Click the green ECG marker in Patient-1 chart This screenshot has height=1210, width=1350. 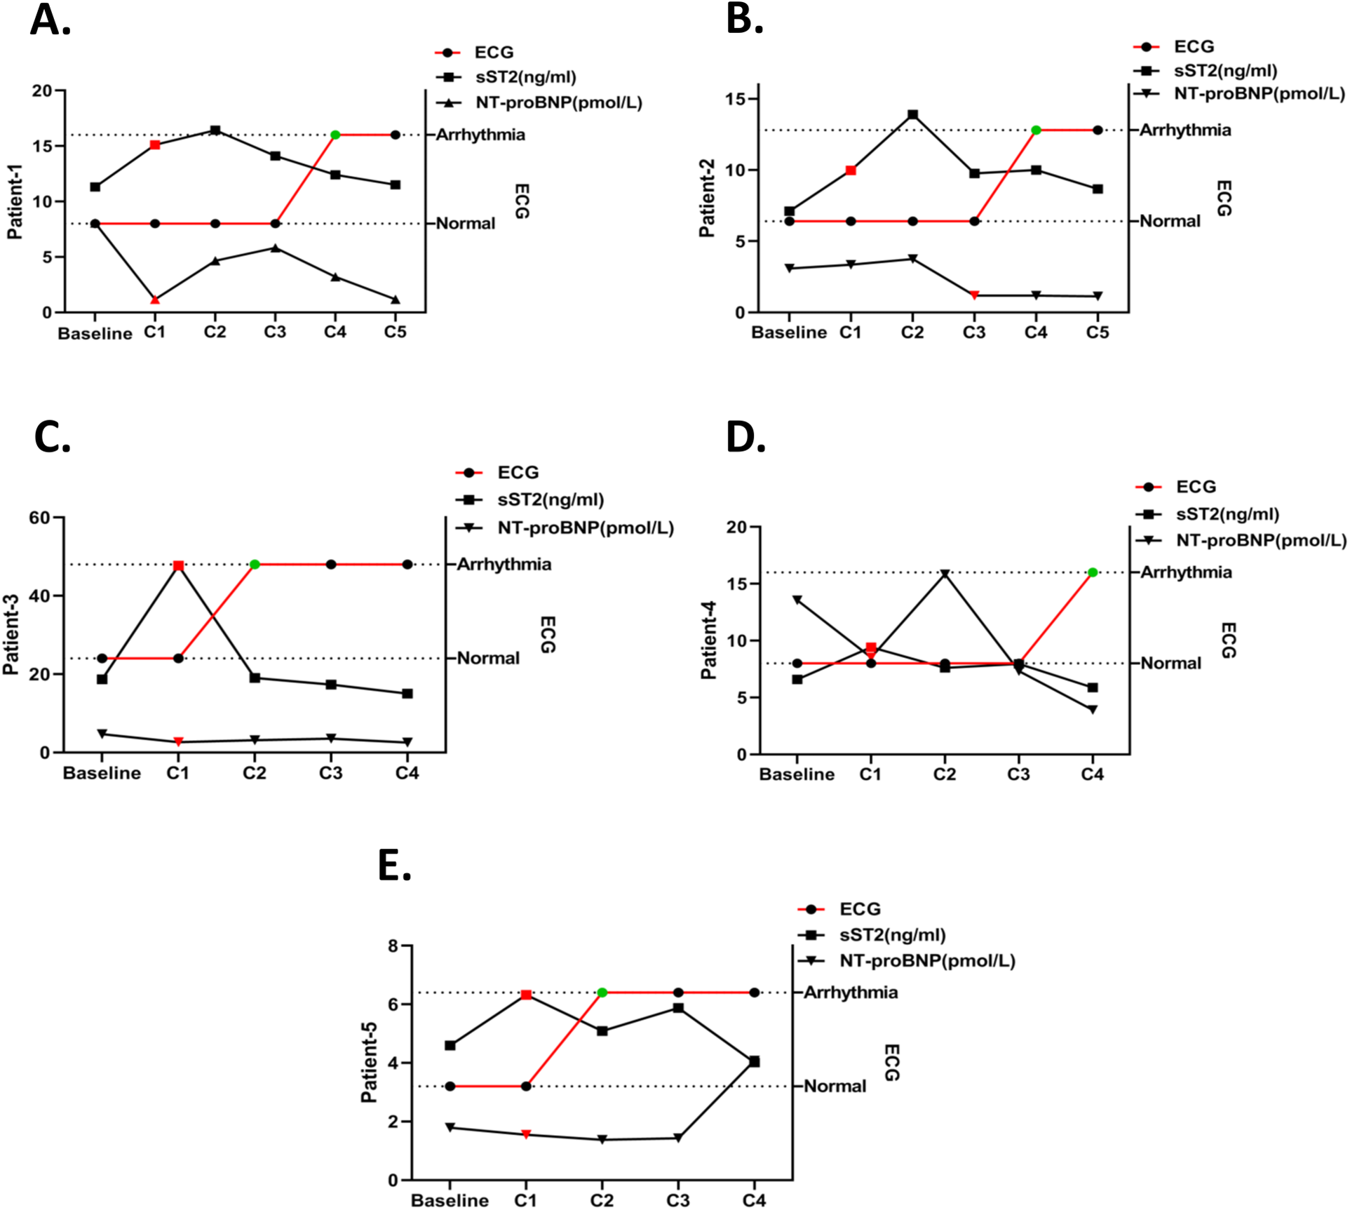(335, 135)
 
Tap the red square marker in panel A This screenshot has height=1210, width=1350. (155, 145)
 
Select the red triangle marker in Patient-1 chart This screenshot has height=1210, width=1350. (155, 300)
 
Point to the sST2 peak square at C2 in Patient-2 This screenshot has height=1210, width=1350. (912, 115)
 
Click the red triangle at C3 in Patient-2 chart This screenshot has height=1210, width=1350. (974, 295)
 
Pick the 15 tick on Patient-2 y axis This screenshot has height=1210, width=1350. (736, 99)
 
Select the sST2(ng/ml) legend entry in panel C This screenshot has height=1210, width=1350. (551, 500)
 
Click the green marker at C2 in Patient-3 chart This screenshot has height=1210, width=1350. (255, 565)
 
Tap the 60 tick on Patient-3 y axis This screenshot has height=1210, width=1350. (40, 518)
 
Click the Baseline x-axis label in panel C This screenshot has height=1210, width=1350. (102, 773)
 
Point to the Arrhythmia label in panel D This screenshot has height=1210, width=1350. (1186, 572)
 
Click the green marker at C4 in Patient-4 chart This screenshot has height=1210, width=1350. (1093, 572)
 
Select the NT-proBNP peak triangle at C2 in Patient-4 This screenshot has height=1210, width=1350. (945, 574)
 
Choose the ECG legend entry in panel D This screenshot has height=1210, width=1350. (1196, 487)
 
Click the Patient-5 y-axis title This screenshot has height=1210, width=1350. (369, 1062)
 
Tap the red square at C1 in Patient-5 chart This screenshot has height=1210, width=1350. (526, 995)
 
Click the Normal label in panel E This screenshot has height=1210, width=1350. (835, 1087)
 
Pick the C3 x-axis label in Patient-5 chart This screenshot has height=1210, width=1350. (677, 1200)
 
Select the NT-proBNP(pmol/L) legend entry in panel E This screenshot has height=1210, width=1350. (927, 961)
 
